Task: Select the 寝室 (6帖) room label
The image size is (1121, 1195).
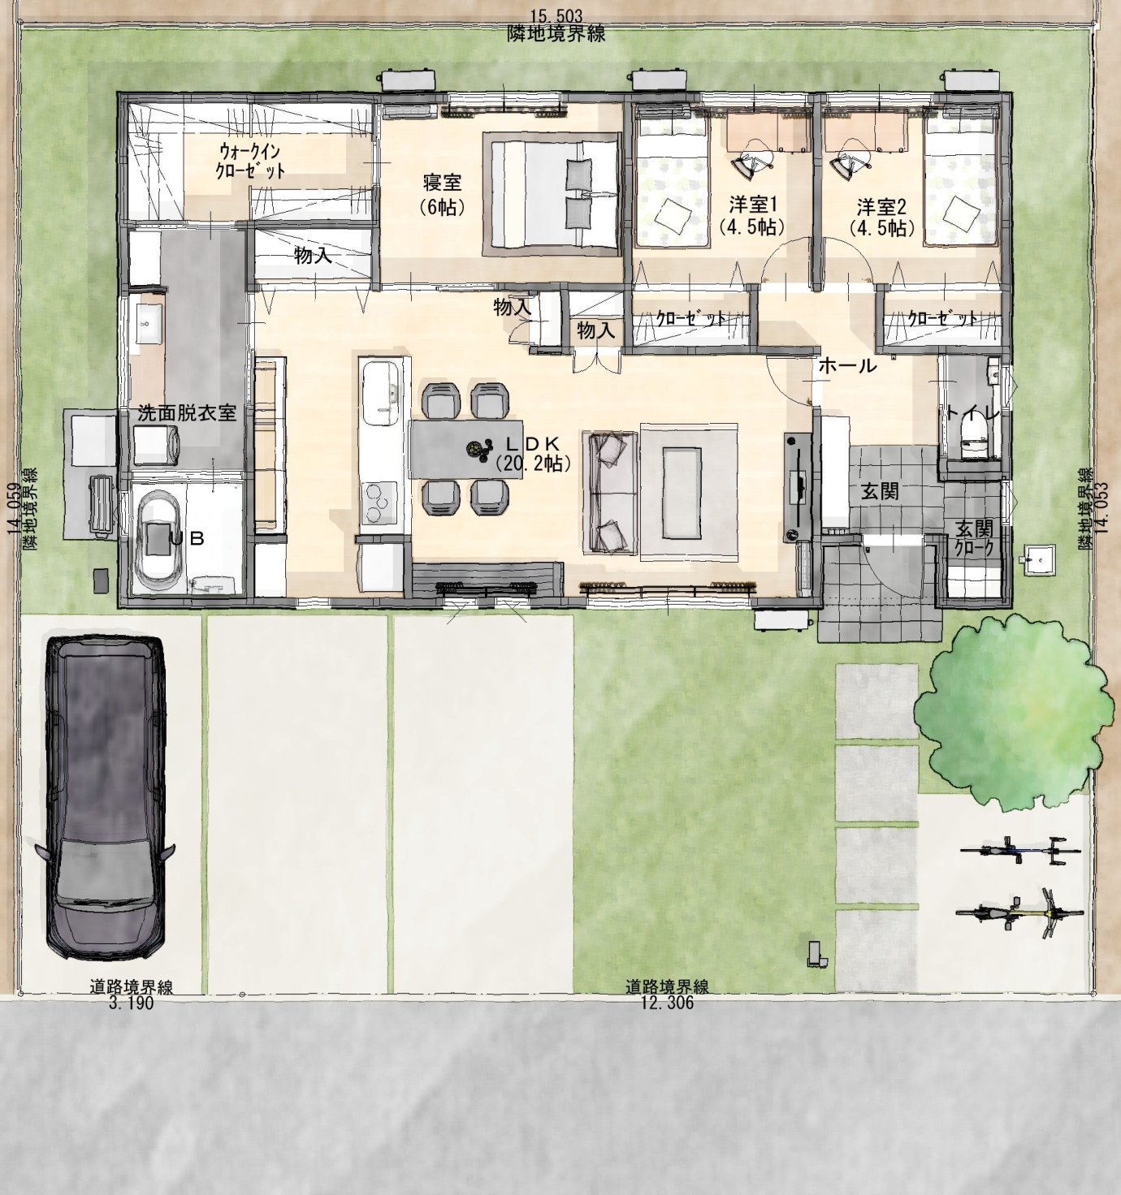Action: pyautogui.click(x=442, y=194)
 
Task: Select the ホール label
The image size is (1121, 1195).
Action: pyautogui.click(x=847, y=365)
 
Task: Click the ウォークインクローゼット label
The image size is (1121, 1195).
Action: pyautogui.click(x=250, y=160)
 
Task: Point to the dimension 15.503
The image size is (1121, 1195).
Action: pyautogui.click(x=556, y=15)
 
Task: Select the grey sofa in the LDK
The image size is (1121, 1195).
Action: pyautogui.click(x=609, y=492)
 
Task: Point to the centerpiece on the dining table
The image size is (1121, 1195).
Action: pyautogui.click(x=479, y=451)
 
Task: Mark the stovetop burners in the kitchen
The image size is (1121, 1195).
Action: pyautogui.click(x=379, y=507)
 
